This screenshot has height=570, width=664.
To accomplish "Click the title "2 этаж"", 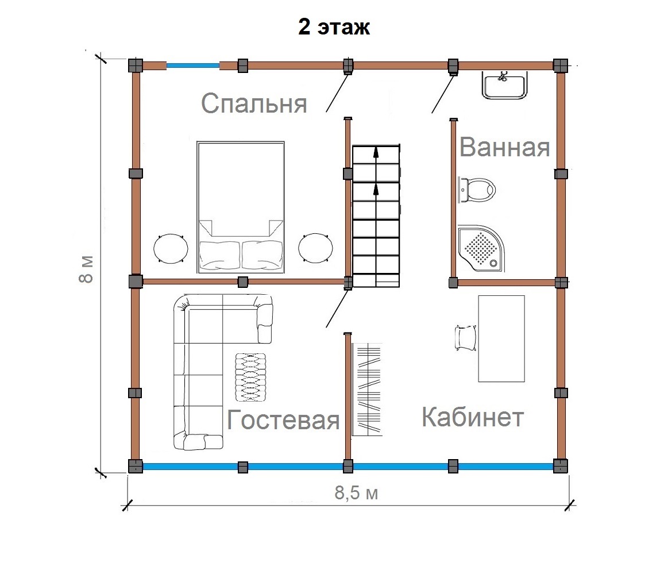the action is pos(334,27).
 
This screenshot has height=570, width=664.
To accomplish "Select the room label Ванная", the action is pos(504,147).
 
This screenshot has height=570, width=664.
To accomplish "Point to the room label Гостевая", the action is pos(283,419).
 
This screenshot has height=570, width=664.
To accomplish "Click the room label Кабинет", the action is pos(473,417).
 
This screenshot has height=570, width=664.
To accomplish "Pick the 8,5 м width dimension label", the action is pos(356,492).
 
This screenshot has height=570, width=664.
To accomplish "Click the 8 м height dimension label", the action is pos(86,269).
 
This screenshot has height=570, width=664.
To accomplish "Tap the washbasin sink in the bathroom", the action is pos(504,85).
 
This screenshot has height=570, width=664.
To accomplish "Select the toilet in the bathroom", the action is pos(477,190).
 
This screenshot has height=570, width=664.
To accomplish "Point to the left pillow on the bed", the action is pos(219,255).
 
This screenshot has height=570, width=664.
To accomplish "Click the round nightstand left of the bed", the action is pos(171,249).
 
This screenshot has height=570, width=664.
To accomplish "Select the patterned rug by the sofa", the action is pos(250,378).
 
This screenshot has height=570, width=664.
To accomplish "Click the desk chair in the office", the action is pos(465,338).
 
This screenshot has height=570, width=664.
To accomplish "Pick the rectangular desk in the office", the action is pos(501,339).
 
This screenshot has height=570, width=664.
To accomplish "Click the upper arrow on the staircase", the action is pos(376,157).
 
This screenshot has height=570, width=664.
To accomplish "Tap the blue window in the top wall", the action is pos(192,66).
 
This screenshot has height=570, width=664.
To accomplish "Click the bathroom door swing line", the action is pos(442,94).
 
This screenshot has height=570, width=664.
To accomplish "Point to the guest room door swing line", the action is pos(337,309).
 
